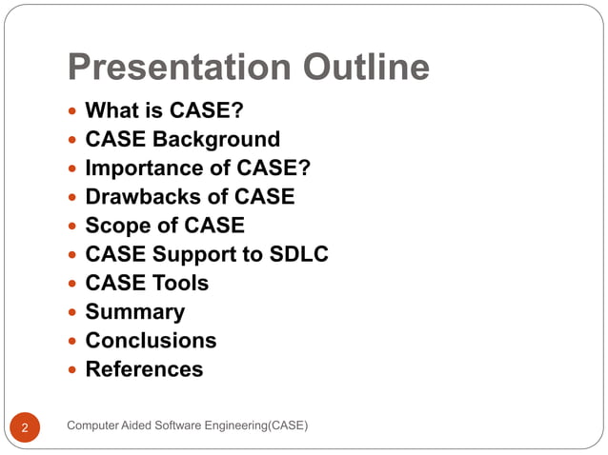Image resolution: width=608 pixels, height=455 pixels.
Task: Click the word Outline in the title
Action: coord(366,68)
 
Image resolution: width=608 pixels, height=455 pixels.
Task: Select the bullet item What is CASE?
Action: coord(157,111)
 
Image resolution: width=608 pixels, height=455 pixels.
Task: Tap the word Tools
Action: coord(180,283)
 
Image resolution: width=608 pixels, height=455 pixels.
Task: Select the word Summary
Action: coord(134,311)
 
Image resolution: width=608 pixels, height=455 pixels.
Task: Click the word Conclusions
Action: coord(151,340)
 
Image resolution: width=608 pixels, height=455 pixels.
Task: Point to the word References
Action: coord(144,368)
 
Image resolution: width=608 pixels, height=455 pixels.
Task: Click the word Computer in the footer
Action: coord(94,425)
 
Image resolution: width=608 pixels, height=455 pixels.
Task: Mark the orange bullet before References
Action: coord(73,369)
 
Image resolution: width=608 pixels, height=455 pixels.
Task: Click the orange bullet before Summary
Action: coord(73,312)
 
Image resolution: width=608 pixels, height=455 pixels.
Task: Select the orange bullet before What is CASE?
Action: coord(73,112)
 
